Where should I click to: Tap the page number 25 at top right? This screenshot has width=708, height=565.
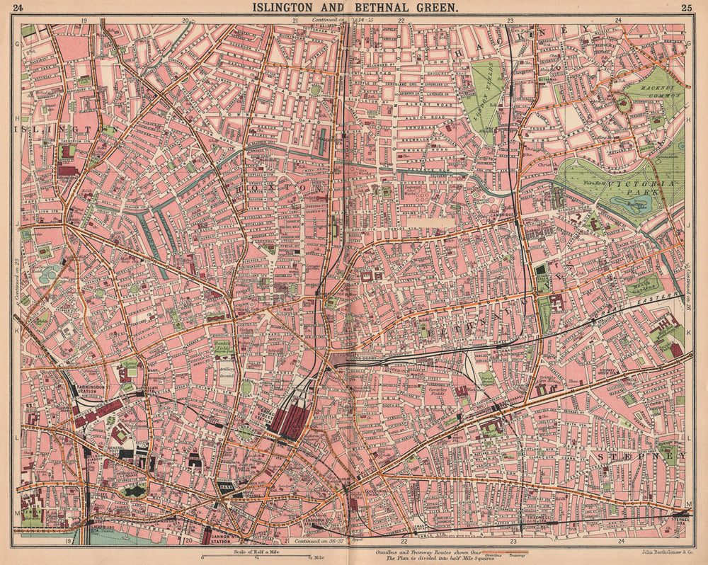[x=686, y=8]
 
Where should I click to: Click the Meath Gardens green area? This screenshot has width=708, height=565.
[x=643, y=285]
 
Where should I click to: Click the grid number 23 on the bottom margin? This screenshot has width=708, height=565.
[x=512, y=542]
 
